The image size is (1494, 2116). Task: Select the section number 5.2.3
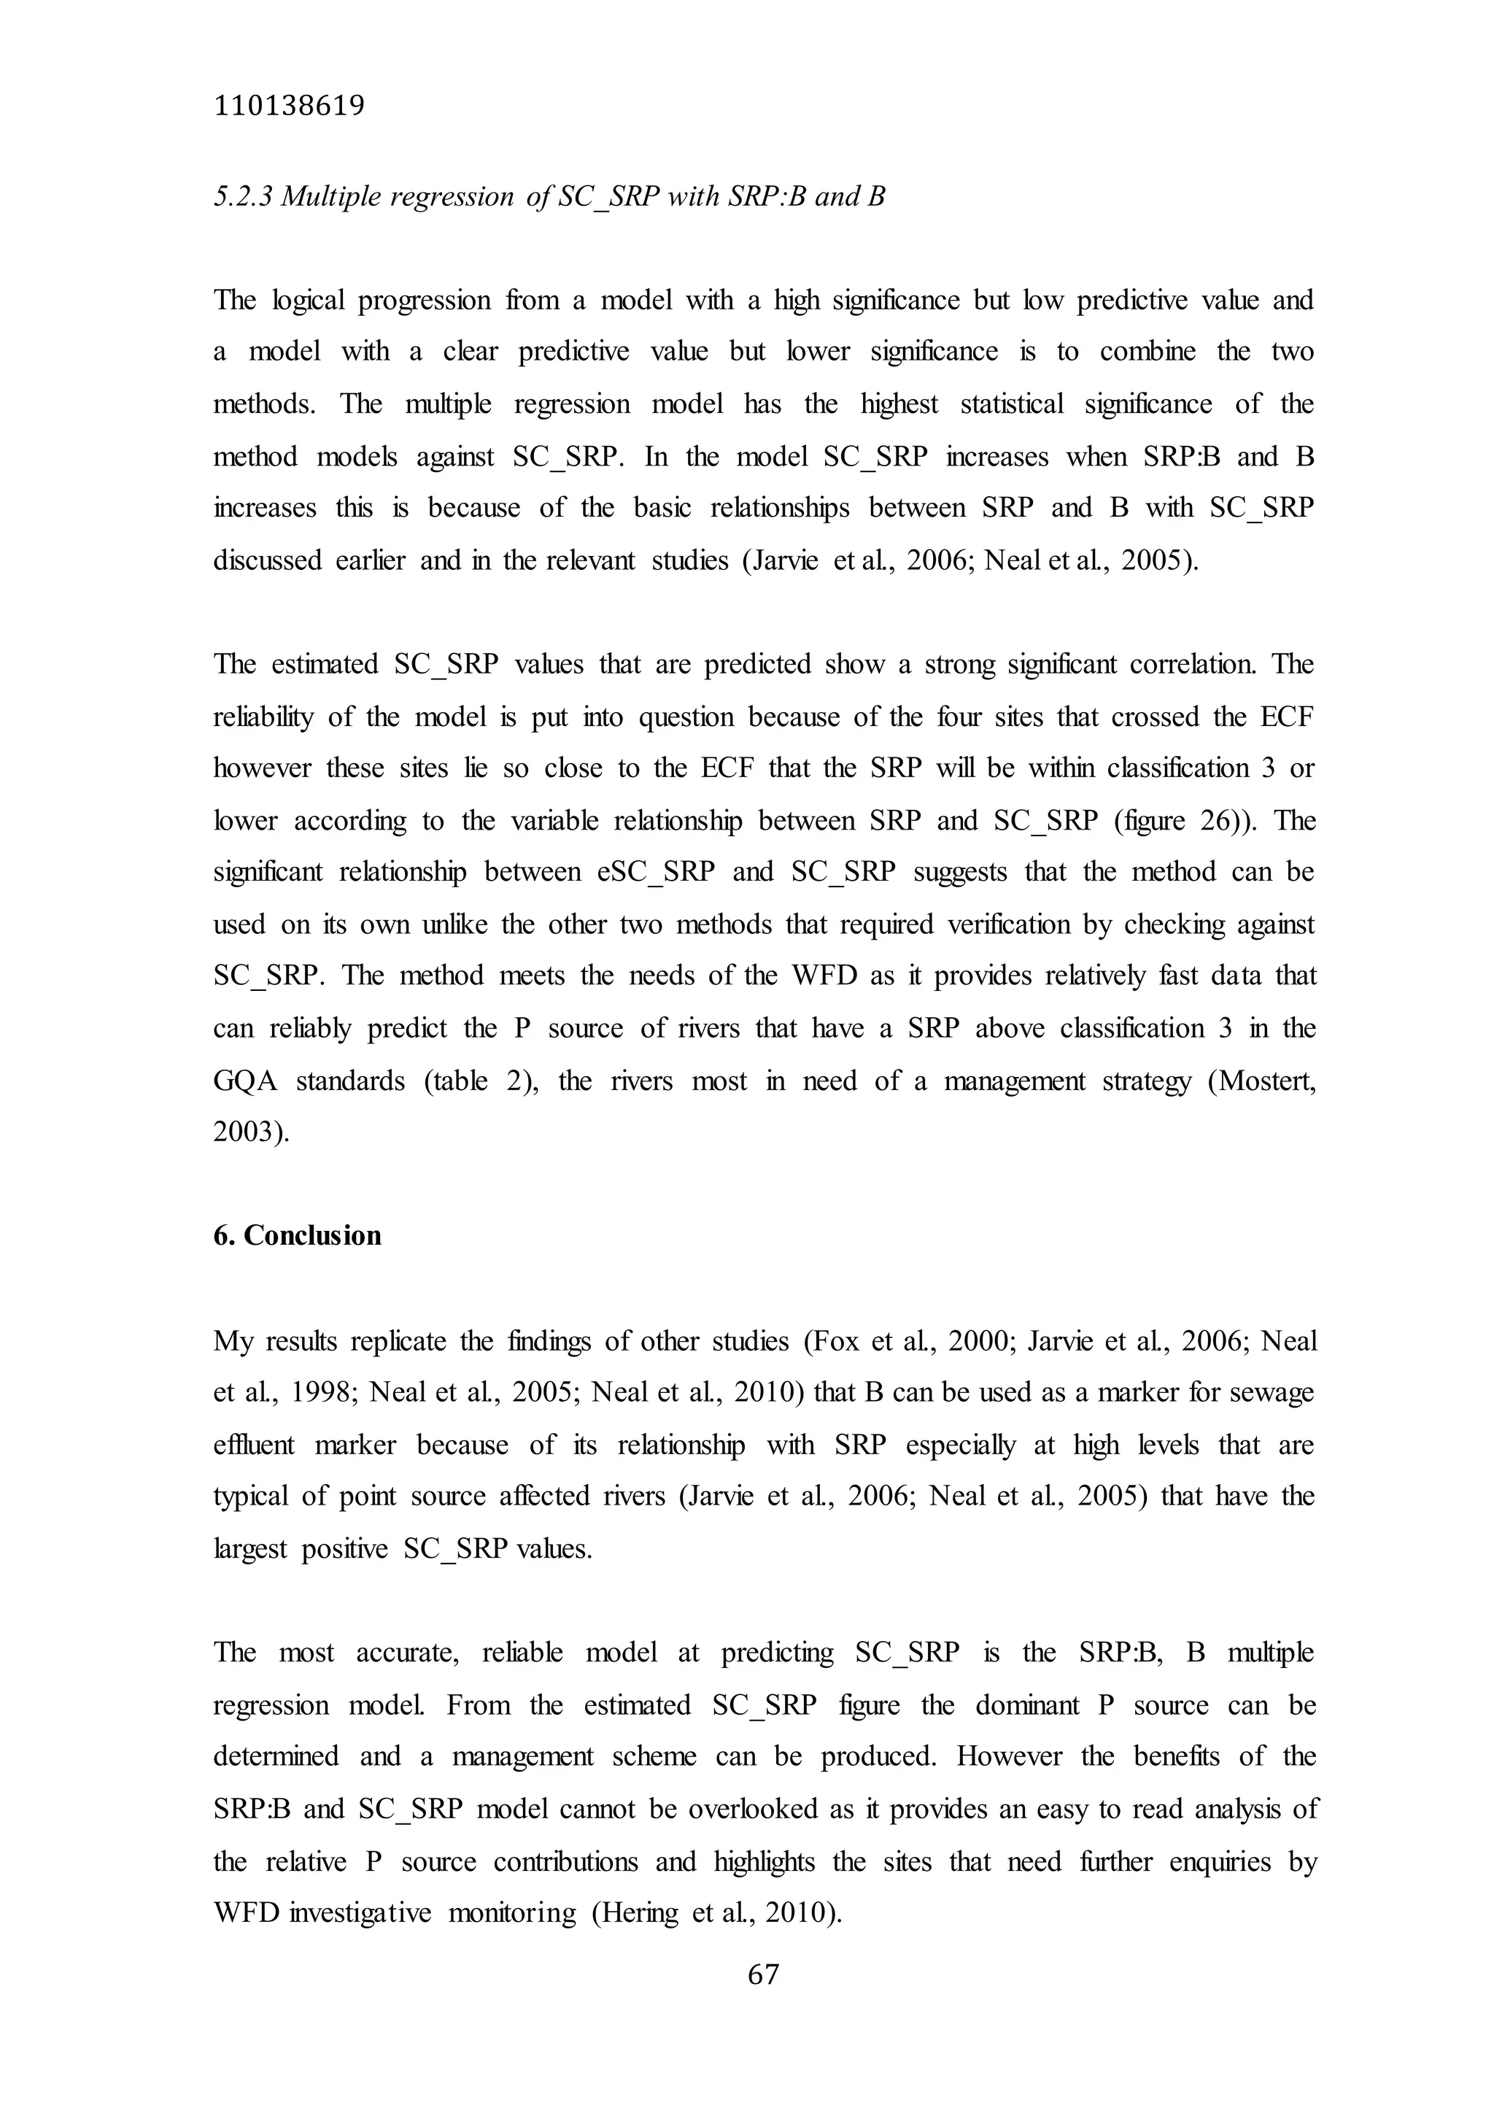[242, 196]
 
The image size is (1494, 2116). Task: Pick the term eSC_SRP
[655, 872]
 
